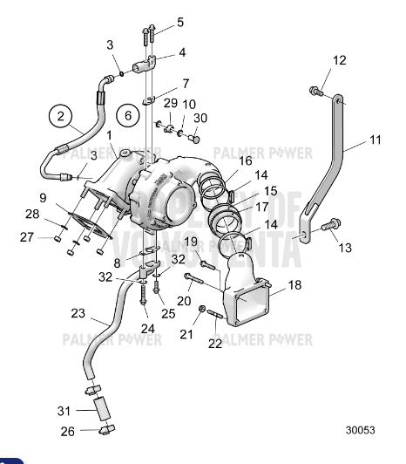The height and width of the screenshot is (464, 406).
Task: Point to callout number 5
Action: [180, 22]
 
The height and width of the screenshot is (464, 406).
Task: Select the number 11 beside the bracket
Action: [375, 139]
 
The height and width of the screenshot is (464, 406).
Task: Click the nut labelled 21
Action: [201, 310]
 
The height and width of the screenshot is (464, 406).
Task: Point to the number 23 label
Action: [78, 312]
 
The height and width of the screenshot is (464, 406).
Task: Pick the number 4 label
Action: [182, 53]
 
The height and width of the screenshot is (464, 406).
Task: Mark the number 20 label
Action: [186, 299]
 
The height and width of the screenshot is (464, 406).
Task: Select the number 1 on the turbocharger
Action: [110, 135]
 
